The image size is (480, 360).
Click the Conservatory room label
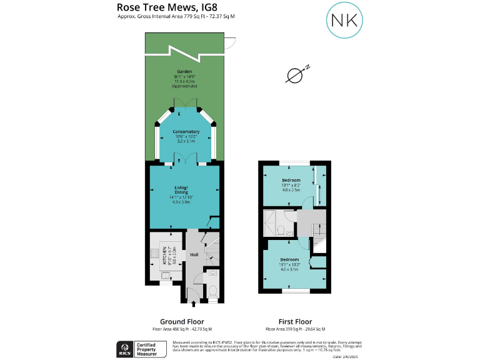coord(186,132)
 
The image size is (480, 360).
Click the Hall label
coord(194,255)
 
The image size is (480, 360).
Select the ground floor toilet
coord(213,291)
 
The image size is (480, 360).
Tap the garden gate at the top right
coord(229,43)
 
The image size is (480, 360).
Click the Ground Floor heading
coord(184,322)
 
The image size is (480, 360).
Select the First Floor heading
coord(294,322)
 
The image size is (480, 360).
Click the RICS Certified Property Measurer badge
coord(142,348)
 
